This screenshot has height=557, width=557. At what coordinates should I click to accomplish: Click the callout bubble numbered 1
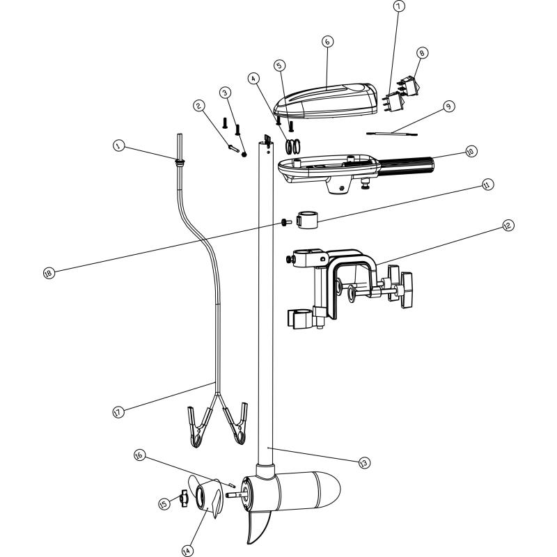[119, 146]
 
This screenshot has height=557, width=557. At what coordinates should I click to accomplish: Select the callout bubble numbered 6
[328, 42]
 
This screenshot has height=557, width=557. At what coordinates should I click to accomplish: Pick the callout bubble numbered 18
[48, 273]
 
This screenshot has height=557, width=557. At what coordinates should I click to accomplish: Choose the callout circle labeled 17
[118, 412]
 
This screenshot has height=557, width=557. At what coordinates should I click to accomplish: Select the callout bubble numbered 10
[471, 151]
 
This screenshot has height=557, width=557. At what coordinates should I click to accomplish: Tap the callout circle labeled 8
[421, 53]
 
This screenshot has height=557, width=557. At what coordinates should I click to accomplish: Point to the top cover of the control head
[327, 100]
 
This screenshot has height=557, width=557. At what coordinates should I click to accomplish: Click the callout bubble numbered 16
[139, 455]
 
